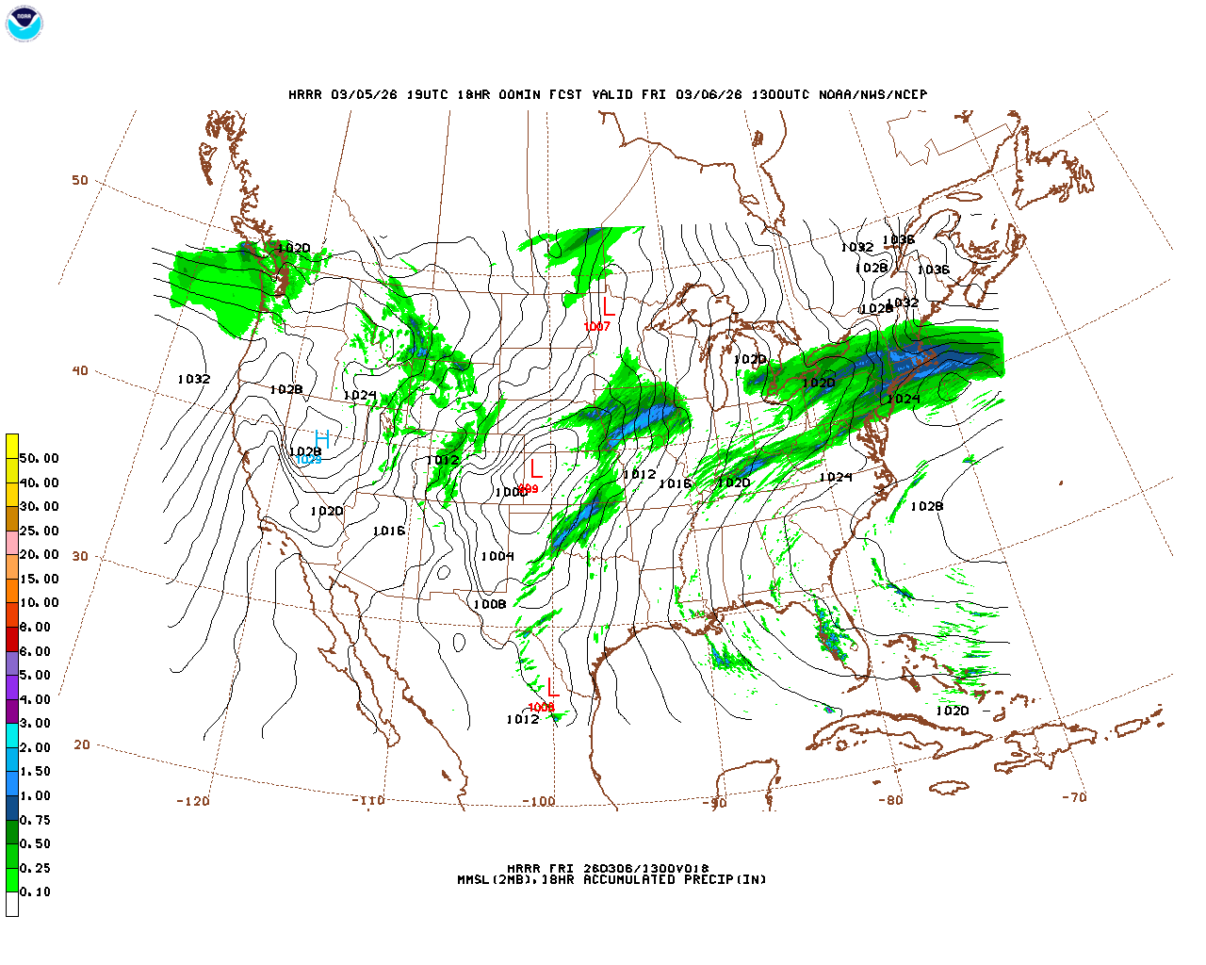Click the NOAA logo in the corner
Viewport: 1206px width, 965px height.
coord(24,25)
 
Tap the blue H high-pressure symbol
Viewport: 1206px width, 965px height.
coord(322,439)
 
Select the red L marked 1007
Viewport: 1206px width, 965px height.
coord(609,305)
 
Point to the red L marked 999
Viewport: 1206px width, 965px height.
coord(535,468)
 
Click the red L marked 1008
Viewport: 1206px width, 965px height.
coord(552,688)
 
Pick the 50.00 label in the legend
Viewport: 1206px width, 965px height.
coord(40,458)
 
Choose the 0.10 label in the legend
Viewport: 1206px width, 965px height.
coord(36,891)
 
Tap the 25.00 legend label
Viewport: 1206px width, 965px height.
coord(40,531)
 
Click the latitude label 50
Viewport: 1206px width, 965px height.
coord(80,180)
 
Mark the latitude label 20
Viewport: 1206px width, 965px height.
coord(82,744)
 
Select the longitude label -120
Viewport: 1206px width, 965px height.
coord(193,801)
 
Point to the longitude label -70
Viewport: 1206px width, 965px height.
coord(1074,796)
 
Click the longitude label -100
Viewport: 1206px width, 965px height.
coord(539,801)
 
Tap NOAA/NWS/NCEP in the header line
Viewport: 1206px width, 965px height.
coord(872,94)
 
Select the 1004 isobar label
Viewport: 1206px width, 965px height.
coord(497,556)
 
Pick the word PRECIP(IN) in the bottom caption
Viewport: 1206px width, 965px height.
coord(724,879)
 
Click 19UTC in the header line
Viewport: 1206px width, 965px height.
coord(428,94)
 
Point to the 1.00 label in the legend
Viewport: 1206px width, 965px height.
coord(36,795)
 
